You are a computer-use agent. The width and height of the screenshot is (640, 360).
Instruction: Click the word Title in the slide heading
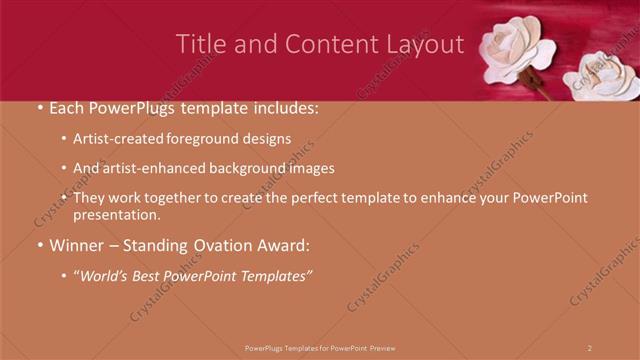(x=200, y=44)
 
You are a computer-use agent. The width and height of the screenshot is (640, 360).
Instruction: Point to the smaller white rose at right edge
(x=604, y=78)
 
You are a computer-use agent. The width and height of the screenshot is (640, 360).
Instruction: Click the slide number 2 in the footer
(x=590, y=348)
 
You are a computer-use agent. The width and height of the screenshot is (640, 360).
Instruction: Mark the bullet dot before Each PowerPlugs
(x=40, y=106)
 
